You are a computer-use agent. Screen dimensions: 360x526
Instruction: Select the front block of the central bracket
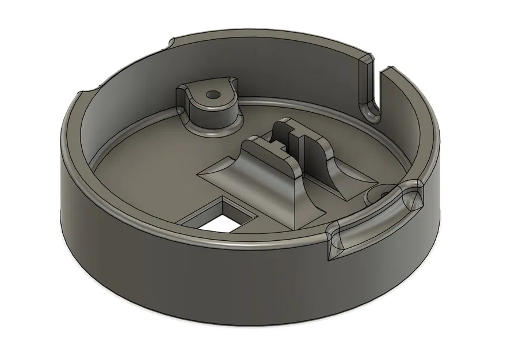tap(270, 167)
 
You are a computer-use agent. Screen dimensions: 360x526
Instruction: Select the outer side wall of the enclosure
tap(173, 276)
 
